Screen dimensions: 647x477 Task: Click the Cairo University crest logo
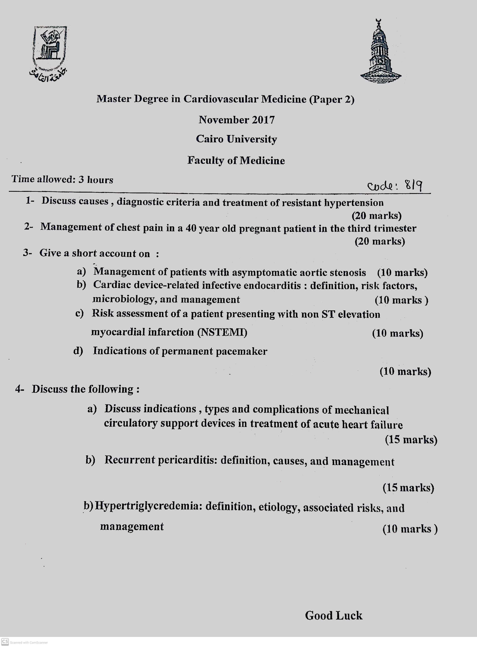pos(50,52)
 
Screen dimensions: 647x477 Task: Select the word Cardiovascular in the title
pos(221,99)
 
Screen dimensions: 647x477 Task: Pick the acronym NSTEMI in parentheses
pos(222,332)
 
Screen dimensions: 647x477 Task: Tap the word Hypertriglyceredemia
pos(149,506)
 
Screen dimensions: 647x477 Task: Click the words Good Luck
pos(334,615)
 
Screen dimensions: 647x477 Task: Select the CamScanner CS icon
pos(5,641)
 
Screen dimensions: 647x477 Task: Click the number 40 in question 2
pos(191,228)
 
